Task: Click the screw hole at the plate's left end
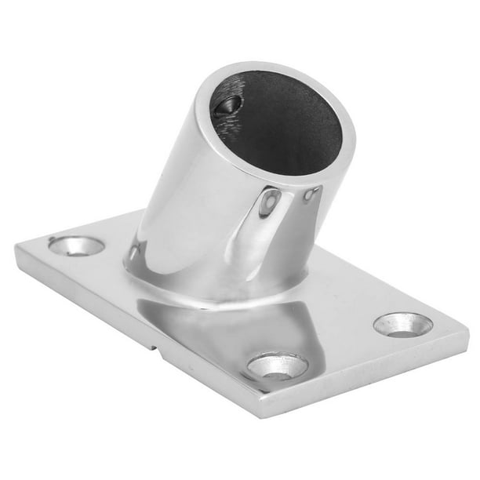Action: point(76,245)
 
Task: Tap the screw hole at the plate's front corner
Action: point(278,365)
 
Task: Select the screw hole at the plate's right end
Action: point(403,324)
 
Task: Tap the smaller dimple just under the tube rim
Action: point(311,194)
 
